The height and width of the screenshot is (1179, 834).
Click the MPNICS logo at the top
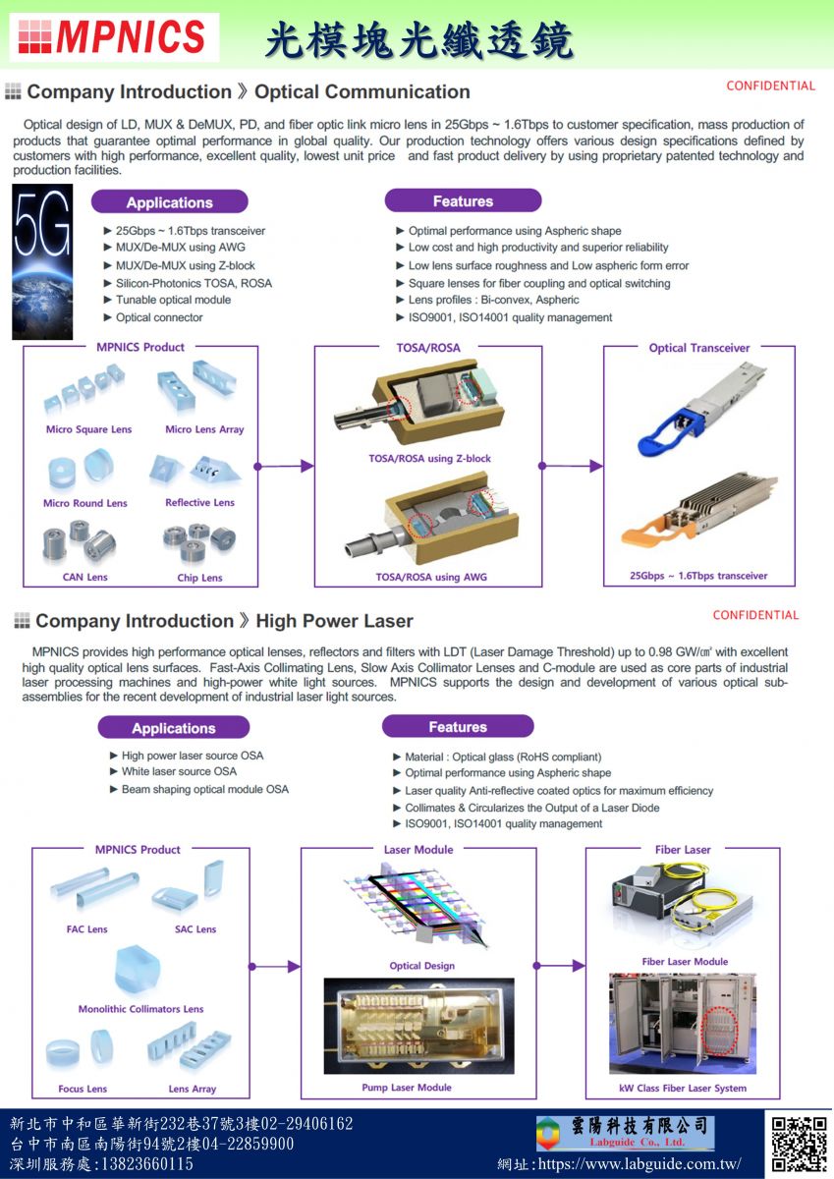[113, 36]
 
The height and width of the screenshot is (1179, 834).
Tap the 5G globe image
[42, 261]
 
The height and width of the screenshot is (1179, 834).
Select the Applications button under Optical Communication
[169, 202]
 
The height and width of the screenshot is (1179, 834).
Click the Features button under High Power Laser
[458, 727]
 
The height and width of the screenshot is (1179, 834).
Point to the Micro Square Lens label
[88, 429]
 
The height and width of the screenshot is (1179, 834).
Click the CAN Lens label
[84, 577]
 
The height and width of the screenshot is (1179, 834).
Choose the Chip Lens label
[199, 578]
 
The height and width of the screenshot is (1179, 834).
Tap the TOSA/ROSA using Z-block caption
[429, 459]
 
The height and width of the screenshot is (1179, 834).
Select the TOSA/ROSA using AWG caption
[431, 577]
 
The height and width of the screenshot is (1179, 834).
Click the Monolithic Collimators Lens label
[140, 1009]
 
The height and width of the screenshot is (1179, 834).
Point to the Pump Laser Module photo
[418, 1025]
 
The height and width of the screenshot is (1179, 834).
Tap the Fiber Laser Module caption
[685, 962]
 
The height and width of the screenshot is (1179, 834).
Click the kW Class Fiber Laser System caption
[682, 1089]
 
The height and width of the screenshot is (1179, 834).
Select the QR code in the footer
[799, 1144]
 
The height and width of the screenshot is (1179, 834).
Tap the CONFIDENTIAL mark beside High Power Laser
[755, 615]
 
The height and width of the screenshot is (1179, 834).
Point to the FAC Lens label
[86, 929]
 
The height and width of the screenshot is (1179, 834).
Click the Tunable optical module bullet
[173, 300]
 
